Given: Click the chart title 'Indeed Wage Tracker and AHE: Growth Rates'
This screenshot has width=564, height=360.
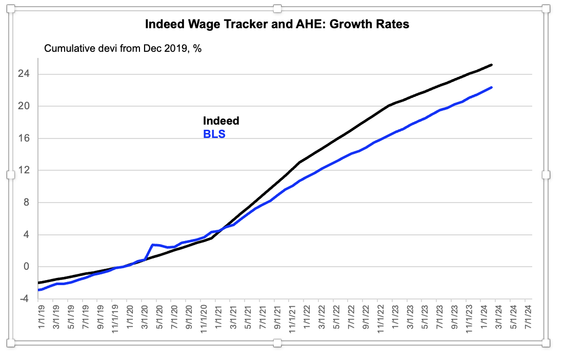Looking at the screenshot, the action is point(277,24).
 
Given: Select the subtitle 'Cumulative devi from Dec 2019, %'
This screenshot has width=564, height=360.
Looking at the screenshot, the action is point(123,48).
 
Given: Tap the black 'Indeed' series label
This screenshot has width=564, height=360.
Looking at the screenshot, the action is point(221,121).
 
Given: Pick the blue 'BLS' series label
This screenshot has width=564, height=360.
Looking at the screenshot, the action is point(214,134).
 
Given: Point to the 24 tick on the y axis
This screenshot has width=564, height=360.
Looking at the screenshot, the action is point(24,74).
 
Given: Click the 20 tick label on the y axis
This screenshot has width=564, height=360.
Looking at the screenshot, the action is point(24,106).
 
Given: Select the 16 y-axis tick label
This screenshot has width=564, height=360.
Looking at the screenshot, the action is point(24,138).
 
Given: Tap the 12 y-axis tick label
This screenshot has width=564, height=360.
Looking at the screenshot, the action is point(24,170).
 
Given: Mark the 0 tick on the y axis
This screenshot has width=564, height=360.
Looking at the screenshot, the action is point(26,267).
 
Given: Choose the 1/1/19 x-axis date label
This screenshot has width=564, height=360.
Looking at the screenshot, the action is point(42,317).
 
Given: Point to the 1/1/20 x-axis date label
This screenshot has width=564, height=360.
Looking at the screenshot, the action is point(130,317).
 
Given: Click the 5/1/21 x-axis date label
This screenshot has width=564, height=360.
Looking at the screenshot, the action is point(248,317).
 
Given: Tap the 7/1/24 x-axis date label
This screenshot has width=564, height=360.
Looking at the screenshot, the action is point(528,317).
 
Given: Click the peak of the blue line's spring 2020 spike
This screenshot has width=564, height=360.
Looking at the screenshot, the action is point(153,245).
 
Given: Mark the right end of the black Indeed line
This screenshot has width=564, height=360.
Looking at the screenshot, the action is point(492,65).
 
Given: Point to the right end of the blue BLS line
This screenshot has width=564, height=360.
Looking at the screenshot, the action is point(492,87).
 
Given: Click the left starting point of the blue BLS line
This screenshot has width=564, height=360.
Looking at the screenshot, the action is point(38,290).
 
